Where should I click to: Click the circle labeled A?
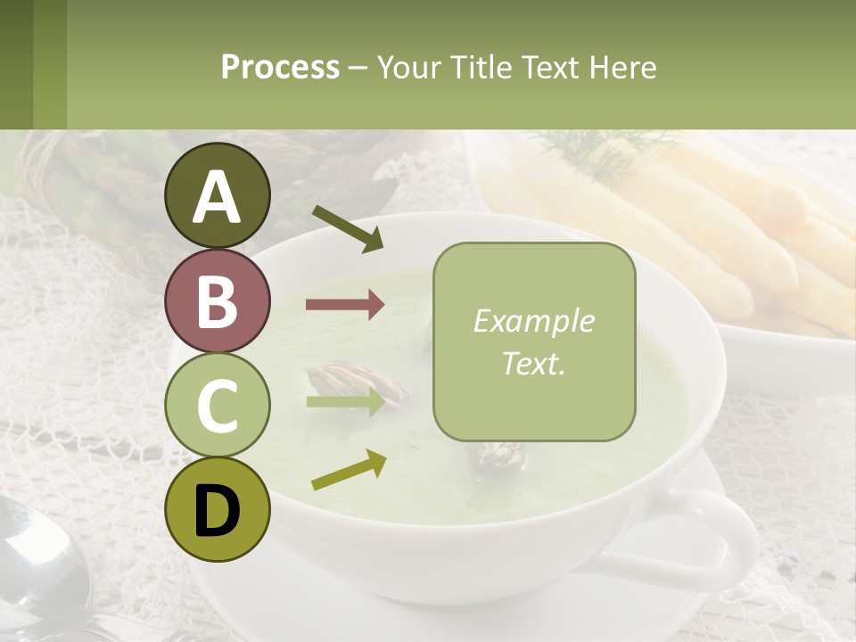tap(217, 195)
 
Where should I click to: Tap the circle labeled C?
tap(217, 405)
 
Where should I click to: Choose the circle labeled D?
tap(217, 509)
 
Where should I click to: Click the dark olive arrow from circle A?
tap(347, 228)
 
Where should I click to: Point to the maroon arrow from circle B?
tap(345, 305)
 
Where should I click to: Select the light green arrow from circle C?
tap(345, 401)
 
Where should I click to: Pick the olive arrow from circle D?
tap(348, 470)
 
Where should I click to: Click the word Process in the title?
tap(280, 67)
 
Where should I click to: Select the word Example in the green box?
tap(533, 321)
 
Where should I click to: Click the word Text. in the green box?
tap(533, 363)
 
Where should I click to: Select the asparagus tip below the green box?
tap(496, 457)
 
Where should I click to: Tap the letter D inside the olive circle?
tap(217, 510)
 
